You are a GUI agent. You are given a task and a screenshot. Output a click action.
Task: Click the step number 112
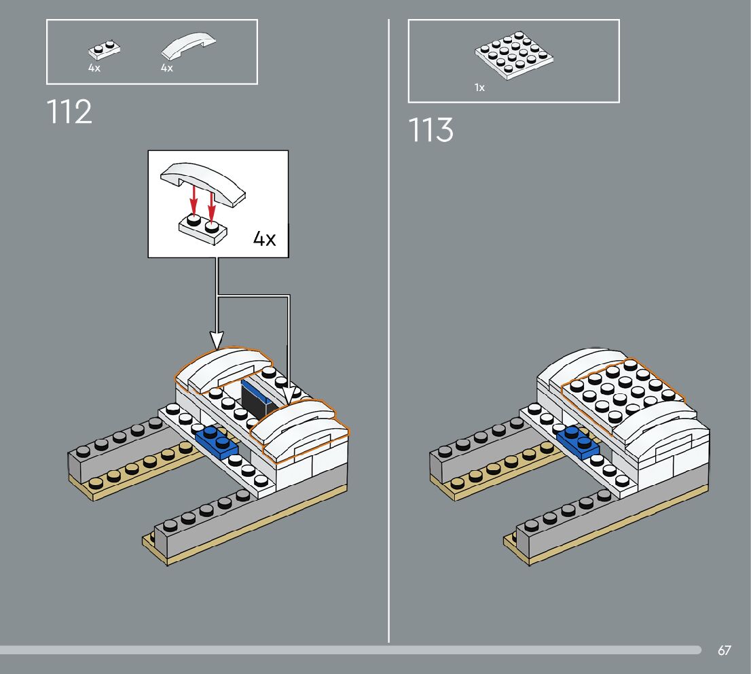(70, 112)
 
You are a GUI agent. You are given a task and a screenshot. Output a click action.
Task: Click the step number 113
(431, 130)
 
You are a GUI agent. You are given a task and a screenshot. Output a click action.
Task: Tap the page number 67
(725, 651)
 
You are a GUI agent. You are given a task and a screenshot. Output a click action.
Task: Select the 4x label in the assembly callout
(264, 239)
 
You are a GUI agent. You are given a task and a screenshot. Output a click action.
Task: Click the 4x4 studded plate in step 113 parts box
(513, 53)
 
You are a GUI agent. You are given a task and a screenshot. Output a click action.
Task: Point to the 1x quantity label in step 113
(480, 88)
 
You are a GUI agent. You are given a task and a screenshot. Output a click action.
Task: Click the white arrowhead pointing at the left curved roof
(217, 339)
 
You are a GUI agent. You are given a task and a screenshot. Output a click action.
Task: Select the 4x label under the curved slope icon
(167, 68)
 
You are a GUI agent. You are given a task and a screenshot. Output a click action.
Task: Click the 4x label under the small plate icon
(94, 68)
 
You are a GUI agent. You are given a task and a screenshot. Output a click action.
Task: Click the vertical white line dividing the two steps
(389, 340)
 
